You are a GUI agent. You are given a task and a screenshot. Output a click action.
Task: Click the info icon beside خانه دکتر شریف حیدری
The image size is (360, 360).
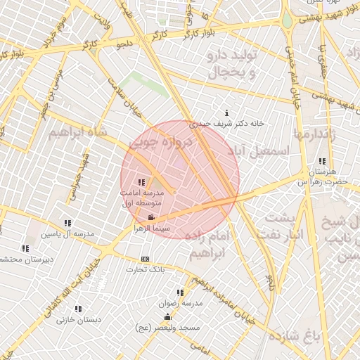click(x=226, y=113)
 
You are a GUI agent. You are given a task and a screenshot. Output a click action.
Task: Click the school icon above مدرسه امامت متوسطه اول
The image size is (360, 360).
click(x=142, y=183)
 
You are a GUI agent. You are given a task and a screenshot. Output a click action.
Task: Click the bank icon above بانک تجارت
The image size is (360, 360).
click(x=146, y=259)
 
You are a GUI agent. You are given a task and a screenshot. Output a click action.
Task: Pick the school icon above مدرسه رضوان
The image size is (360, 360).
click(x=181, y=292)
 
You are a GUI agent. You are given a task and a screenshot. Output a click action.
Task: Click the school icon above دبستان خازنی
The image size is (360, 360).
click(x=78, y=308)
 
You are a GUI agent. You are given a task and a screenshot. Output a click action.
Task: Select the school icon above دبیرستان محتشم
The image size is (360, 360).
click(x=25, y=248)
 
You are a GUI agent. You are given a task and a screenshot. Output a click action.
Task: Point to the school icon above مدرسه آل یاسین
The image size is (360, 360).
click(x=67, y=223)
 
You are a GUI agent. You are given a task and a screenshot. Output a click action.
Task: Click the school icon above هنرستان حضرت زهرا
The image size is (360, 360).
click(x=322, y=161)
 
